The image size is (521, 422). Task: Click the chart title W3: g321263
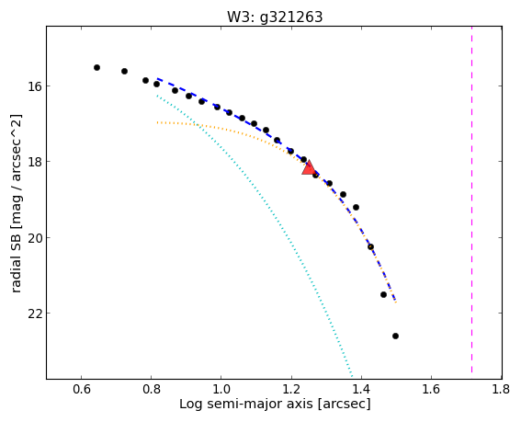[275, 17]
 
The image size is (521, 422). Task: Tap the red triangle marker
[309, 168]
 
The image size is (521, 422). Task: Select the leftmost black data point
[96, 67]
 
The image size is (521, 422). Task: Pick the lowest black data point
[395, 336]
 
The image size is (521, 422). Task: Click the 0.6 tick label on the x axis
[82, 389]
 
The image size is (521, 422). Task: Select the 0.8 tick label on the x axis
[152, 389]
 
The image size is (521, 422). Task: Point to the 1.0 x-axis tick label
[221, 389]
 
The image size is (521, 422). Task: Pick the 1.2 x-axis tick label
[291, 389]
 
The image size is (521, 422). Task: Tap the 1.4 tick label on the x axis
[361, 389]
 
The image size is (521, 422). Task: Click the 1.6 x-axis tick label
[431, 389]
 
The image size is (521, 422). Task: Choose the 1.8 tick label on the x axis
[501, 389]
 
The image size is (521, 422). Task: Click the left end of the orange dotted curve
[157, 122]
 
